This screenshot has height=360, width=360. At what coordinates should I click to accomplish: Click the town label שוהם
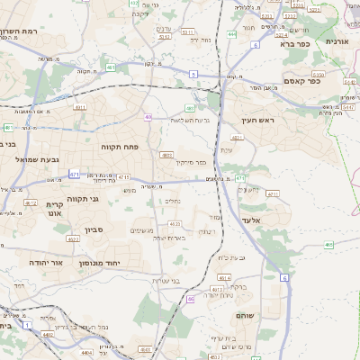click(247, 316)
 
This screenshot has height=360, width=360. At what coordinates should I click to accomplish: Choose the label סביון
click(95, 229)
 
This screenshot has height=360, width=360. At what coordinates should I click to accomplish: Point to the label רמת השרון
click(24, 32)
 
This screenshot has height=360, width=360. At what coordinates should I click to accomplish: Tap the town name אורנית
click(337, 41)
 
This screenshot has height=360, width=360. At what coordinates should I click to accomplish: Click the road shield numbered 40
click(148, 116)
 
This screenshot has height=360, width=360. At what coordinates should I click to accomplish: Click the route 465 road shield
click(329, 244)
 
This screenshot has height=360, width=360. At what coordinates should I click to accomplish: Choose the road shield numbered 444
click(232, 34)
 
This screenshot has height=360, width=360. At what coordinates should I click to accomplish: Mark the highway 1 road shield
click(29, 322)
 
